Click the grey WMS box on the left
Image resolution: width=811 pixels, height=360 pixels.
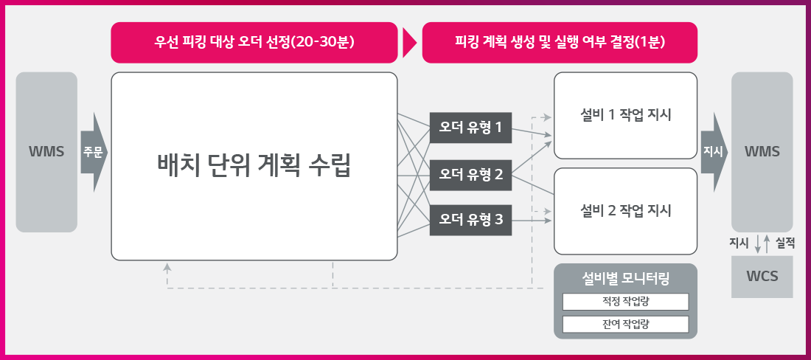(x=46, y=152)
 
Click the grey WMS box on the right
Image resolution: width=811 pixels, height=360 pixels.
(x=762, y=152)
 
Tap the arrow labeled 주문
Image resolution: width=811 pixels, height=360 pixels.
(x=94, y=152)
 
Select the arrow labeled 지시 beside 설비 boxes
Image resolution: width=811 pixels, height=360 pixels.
(x=714, y=152)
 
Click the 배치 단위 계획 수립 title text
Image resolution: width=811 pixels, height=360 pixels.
(x=254, y=167)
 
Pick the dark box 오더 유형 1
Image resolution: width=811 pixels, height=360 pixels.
(x=470, y=128)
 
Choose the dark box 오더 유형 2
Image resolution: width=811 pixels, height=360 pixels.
(x=470, y=175)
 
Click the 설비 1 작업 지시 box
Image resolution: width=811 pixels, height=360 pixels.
(x=626, y=115)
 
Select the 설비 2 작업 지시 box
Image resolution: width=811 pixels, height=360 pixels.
(x=626, y=211)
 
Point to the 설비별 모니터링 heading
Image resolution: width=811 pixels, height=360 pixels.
(x=626, y=280)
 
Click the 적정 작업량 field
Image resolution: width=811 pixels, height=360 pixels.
(x=626, y=302)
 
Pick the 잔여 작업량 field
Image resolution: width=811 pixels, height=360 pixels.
(x=626, y=325)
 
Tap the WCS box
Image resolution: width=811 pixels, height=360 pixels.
(x=762, y=277)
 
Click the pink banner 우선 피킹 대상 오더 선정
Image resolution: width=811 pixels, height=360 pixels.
(x=254, y=42)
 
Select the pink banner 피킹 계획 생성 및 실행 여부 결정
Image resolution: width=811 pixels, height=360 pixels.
(x=560, y=42)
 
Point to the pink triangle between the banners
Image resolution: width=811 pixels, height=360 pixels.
(x=409, y=42)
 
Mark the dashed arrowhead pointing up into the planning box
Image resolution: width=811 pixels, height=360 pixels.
(x=167, y=267)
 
